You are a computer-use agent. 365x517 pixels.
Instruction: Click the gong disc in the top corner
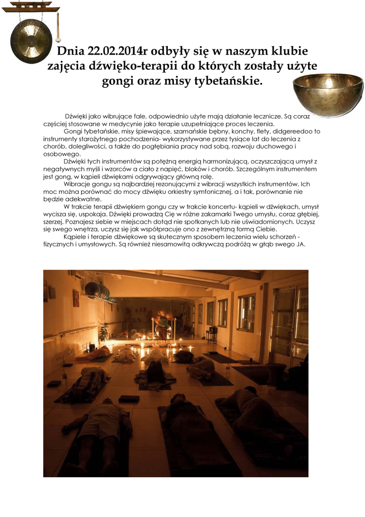(31, 40)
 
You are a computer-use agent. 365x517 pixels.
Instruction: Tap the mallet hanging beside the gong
(58, 28)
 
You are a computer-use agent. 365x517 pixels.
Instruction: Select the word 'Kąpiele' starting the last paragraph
(76, 237)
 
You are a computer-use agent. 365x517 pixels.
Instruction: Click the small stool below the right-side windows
(211, 336)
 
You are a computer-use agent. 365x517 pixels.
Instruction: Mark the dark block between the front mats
(129, 399)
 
